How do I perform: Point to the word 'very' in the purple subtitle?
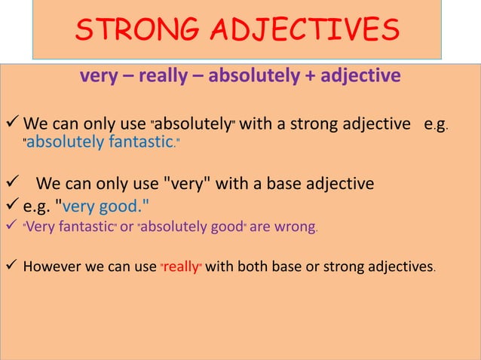(100, 76)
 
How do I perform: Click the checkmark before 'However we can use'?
(11, 265)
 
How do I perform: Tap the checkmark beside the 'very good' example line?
(11, 202)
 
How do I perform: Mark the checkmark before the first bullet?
(11, 124)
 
